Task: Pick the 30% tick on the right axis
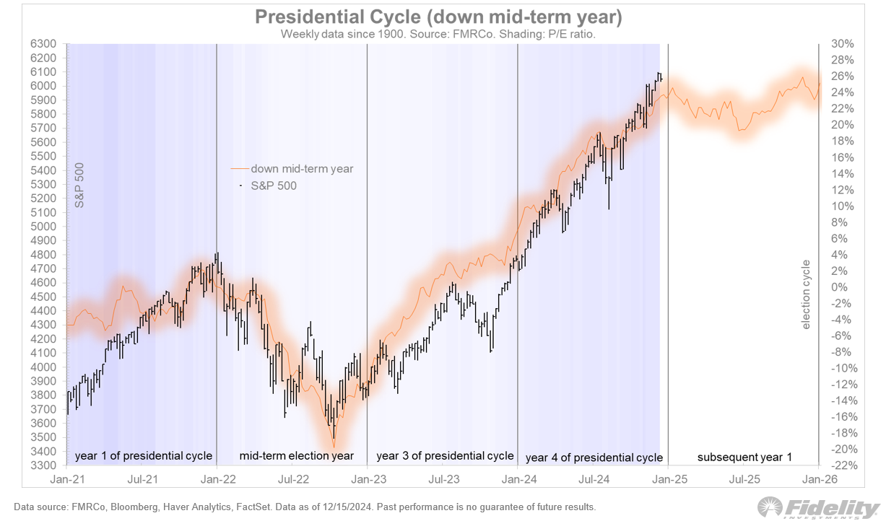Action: [842, 44]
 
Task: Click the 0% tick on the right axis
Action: [842, 287]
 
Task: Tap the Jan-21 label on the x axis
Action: [66, 479]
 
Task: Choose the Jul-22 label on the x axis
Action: [292, 479]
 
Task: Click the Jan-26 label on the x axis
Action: [817, 479]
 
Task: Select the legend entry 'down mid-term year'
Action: [302, 169]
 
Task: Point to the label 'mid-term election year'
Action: [296, 456]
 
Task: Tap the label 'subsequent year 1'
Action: [744, 457]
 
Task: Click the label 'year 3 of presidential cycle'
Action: [445, 456]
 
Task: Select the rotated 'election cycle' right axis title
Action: [807, 294]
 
